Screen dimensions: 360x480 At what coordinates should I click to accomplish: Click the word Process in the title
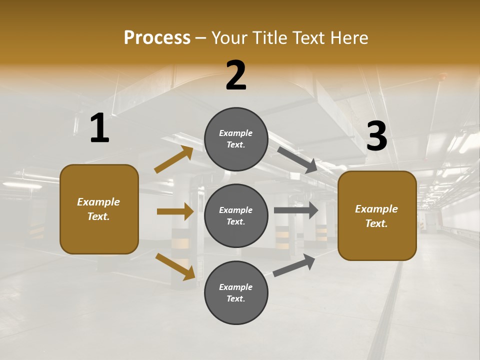pyautogui.click(x=157, y=37)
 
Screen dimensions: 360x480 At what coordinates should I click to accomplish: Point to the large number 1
pyautogui.click(x=99, y=128)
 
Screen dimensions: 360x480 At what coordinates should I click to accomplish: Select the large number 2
pyautogui.click(x=236, y=75)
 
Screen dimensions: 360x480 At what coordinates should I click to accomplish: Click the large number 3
pyautogui.click(x=377, y=136)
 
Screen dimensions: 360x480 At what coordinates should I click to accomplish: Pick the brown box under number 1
pyautogui.click(x=99, y=209)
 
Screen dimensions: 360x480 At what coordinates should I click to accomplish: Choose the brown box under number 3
pyautogui.click(x=377, y=216)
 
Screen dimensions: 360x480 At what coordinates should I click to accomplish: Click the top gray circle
pyautogui.click(x=236, y=139)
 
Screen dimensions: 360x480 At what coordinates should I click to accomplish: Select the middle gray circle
pyautogui.click(x=236, y=215)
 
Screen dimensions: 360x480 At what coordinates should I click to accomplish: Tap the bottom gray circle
pyautogui.click(x=236, y=292)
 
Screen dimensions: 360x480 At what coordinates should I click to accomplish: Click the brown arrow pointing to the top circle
pyautogui.click(x=174, y=159)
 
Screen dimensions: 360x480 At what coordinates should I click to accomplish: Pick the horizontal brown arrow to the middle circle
pyautogui.click(x=175, y=211)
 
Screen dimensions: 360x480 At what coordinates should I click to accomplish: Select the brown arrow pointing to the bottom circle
pyautogui.click(x=175, y=266)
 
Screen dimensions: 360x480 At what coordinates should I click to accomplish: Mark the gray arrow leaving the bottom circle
pyautogui.click(x=294, y=265)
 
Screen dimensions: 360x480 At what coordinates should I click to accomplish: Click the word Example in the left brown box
pyautogui.click(x=98, y=202)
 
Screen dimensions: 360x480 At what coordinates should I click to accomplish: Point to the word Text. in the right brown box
pyautogui.click(x=376, y=223)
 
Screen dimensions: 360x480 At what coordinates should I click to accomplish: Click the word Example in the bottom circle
pyautogui.click(x=236, y=287)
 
